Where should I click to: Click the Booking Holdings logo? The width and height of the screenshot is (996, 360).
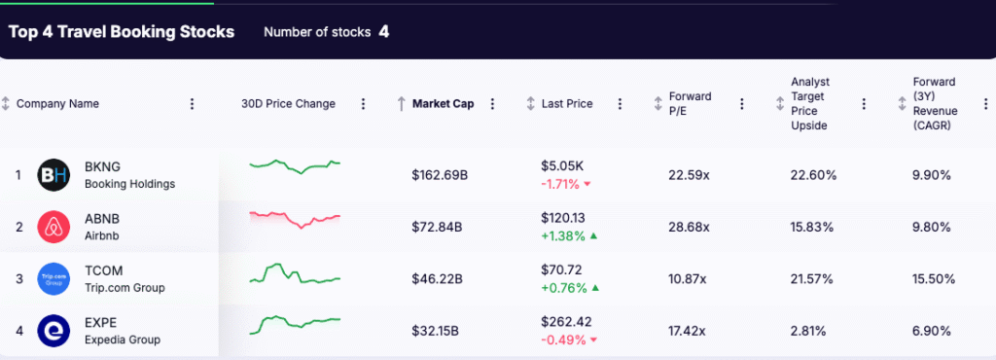coord(53,175)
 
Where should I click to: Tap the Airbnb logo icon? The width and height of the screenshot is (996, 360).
coord(53,228)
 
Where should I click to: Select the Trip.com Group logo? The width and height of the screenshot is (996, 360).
coord(53,279)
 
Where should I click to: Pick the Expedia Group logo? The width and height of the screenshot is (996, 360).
coord(53,331)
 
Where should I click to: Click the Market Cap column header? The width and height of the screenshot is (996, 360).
coord(443,104)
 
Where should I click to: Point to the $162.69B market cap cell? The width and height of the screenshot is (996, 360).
coord(440,175)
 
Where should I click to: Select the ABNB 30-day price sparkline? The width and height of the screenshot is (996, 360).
coord(295,218)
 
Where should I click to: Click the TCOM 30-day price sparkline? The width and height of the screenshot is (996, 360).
coord(295,273)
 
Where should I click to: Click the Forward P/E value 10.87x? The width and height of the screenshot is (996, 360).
coord(689,279)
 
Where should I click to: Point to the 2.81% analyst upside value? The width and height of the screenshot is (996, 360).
coord(809,331)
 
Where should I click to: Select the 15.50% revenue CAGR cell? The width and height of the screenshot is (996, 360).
coord(933,279)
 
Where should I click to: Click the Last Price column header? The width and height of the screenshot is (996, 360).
coord(566,104)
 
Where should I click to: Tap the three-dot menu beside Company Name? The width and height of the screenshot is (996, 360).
coord(192,104)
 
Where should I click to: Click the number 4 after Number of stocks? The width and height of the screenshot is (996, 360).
coord(384,32)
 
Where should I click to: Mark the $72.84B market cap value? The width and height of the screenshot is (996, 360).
coord(437,228)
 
